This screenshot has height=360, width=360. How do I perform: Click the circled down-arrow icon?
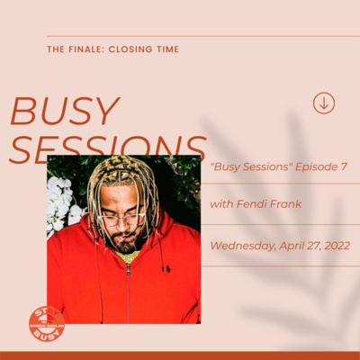click(324, 103)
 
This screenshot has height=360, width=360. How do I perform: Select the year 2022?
click(330, 244)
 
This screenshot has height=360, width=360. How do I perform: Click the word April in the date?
click(287, 244)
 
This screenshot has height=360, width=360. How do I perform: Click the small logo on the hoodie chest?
click(164, 268)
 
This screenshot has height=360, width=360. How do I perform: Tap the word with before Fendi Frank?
click(220, 204)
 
